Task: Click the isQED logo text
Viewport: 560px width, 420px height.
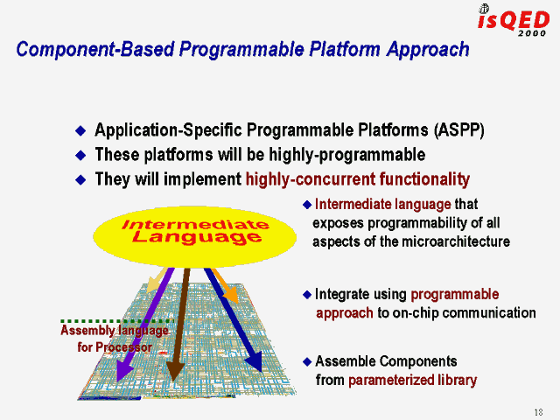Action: click(x=514, y=21)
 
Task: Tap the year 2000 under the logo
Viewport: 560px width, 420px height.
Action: click(x=531, y=35)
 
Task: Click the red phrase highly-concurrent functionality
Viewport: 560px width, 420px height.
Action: click(x=357, y=179)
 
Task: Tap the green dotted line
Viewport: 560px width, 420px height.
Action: click(x=115, y=321)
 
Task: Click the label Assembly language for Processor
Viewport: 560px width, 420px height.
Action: click(x=114, y=339)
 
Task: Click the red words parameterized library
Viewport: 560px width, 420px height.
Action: click(x=412, y=380)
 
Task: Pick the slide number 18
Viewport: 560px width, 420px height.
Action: click(x=536, y=412)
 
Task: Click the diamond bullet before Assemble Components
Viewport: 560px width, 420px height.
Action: click(x=305, y=361)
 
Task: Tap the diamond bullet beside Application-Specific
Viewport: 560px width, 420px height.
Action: click(x=81, y=131)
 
